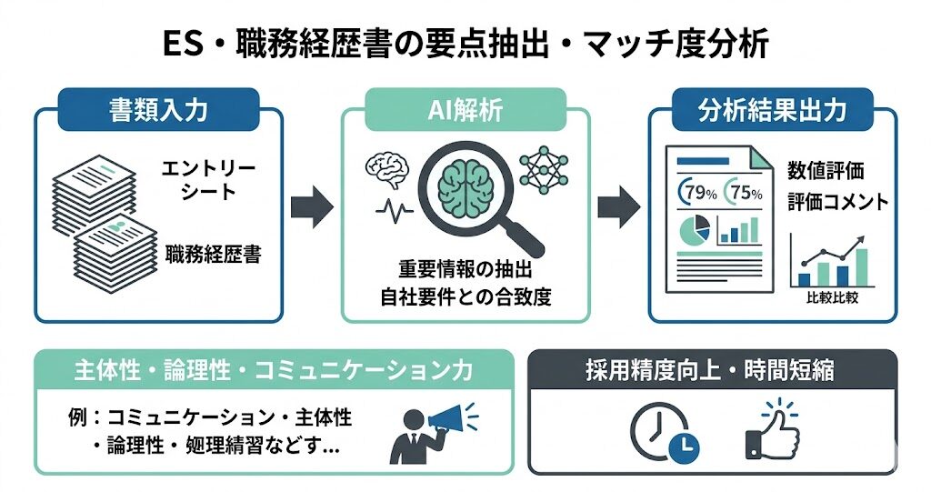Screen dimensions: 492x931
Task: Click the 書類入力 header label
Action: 158,111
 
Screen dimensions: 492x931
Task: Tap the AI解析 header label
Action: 465,111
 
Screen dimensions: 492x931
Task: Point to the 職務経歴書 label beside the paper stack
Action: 214,255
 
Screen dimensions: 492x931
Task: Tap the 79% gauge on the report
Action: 697,192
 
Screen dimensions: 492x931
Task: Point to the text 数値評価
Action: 826,170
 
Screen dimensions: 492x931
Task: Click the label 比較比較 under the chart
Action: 831,297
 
